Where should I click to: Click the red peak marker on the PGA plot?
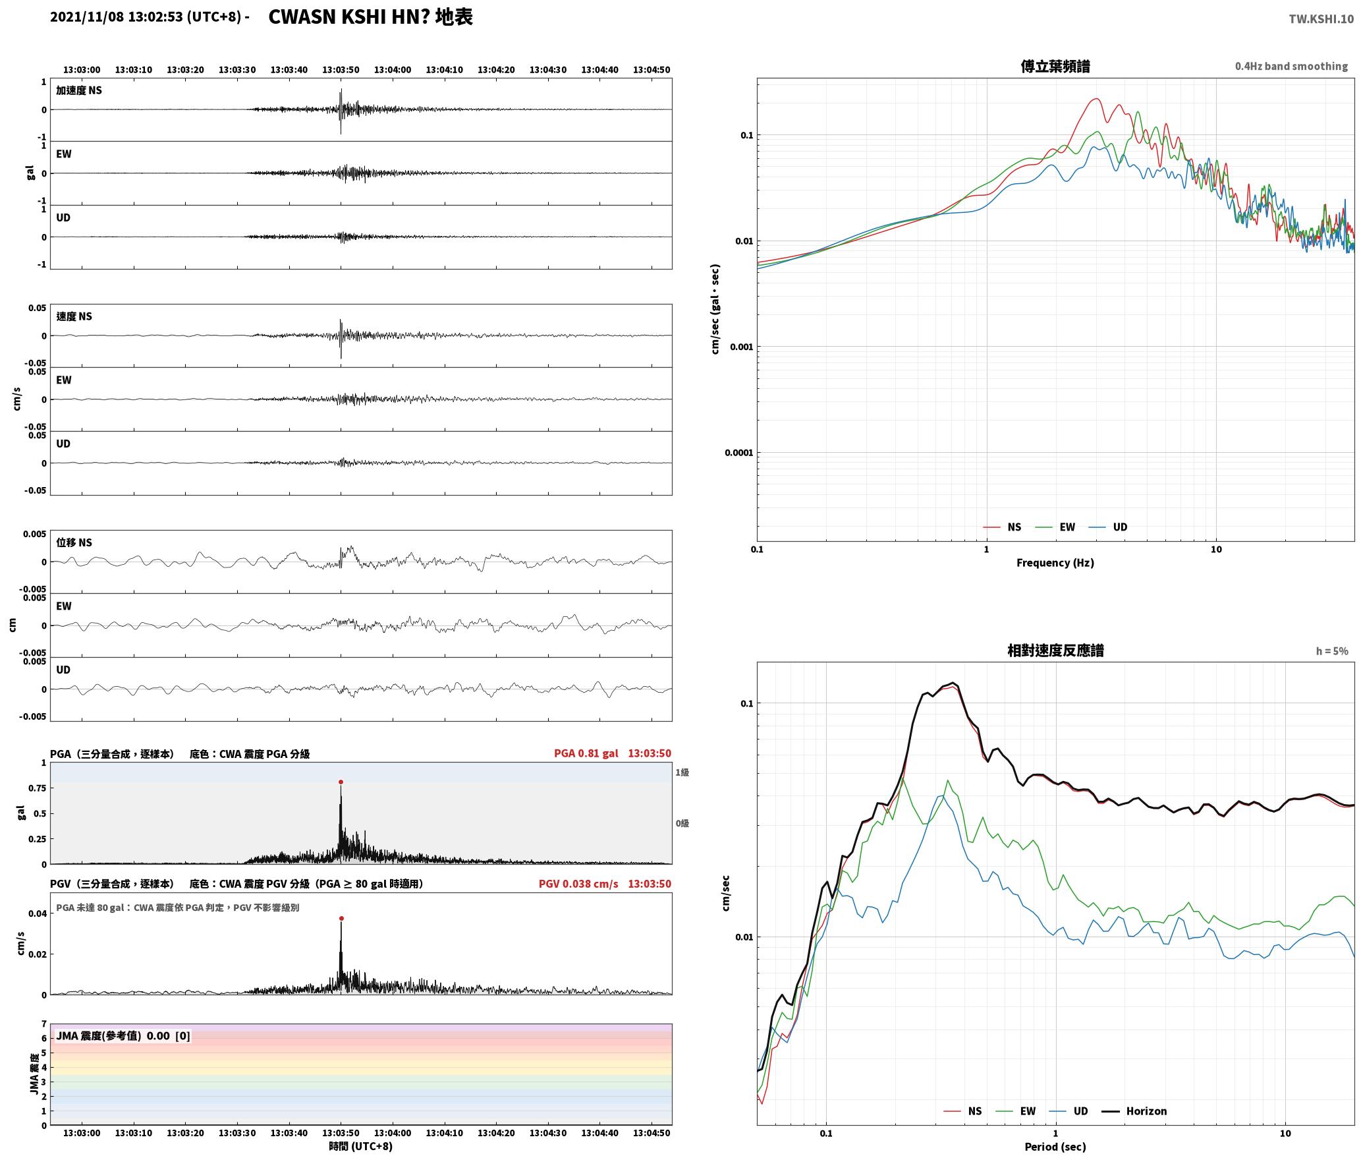(341, 782)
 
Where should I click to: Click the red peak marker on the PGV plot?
(341, 918)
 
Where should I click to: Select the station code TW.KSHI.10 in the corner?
(1321, 19)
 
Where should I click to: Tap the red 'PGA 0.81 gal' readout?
(586, 753)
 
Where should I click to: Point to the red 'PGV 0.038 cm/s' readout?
(578, 884)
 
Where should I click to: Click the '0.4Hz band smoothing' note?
(1291, 67)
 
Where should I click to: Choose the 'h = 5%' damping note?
(1332, 651)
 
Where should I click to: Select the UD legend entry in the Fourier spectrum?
(1108, 527)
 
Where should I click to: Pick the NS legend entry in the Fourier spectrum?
(1002, 527)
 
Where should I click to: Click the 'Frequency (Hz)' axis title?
(1055, 563)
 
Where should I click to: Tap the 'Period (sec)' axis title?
(1055, 1147)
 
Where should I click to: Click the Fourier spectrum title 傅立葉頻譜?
(1055, 66)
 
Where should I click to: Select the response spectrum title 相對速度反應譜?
(1055, 651)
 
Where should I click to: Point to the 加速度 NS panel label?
(79, 90)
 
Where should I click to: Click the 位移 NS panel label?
(74, 542)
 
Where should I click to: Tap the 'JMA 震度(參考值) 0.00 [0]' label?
(123, 1036)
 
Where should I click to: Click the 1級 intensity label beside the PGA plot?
(682, 772)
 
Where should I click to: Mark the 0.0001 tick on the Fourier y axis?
(738, 453)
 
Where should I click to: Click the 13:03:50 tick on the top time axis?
(341, 70)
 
